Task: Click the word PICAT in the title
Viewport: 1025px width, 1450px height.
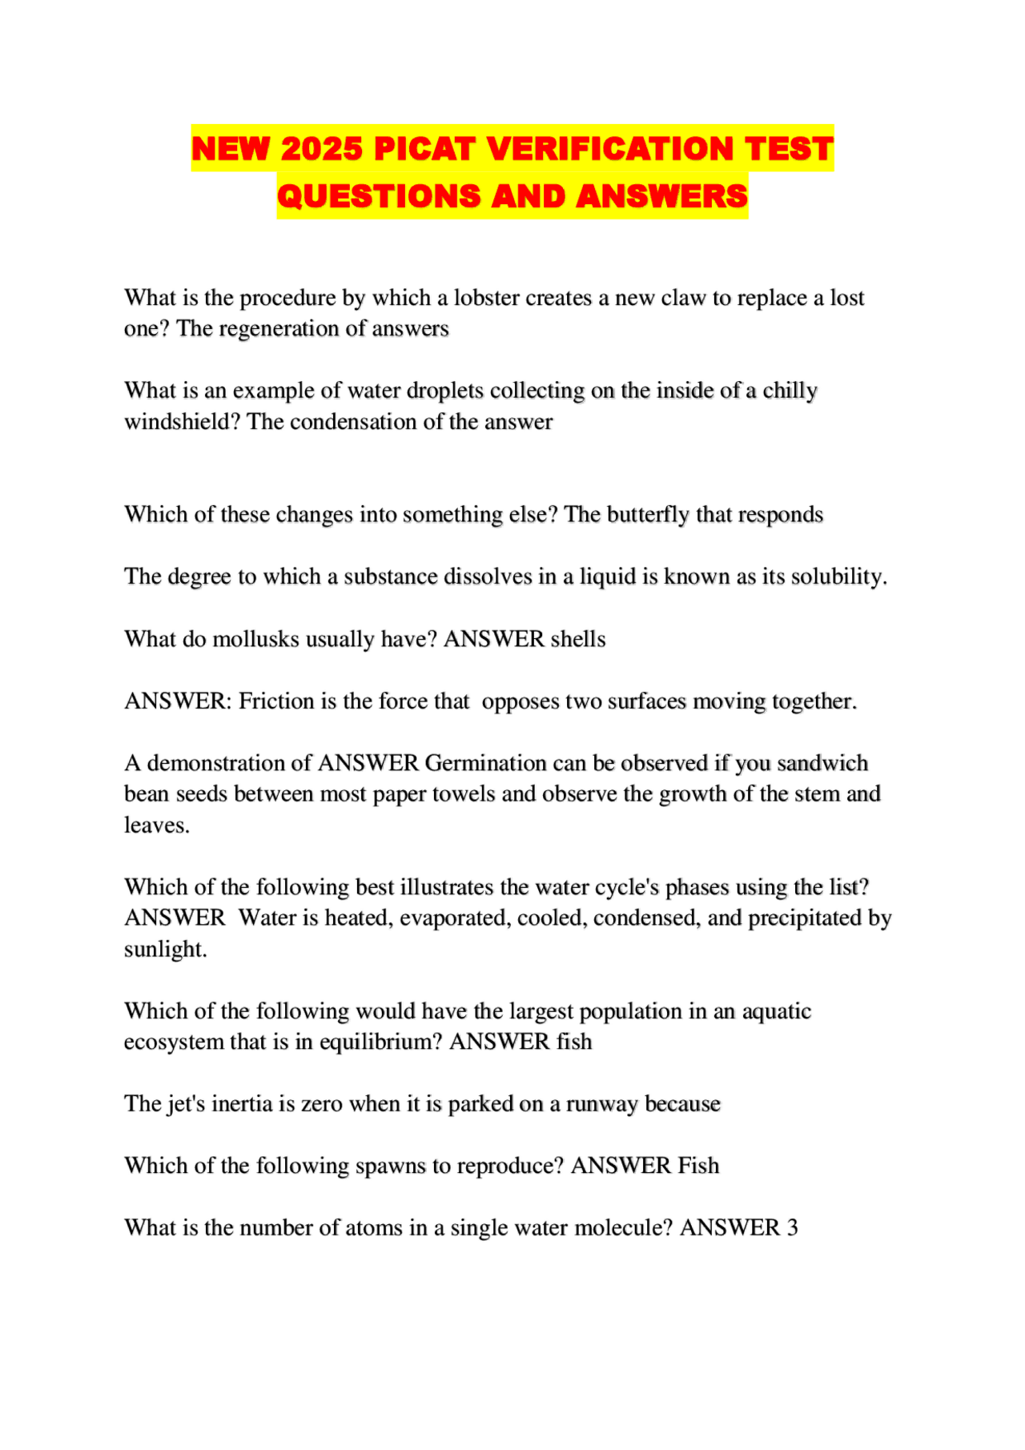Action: coord(425,149)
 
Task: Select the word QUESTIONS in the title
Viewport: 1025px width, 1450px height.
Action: coord(379,196)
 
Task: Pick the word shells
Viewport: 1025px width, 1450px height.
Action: coord(577,639)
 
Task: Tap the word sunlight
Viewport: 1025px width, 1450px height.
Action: coord(165,949)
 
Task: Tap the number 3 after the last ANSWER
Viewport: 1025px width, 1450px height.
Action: coord(792,1227)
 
